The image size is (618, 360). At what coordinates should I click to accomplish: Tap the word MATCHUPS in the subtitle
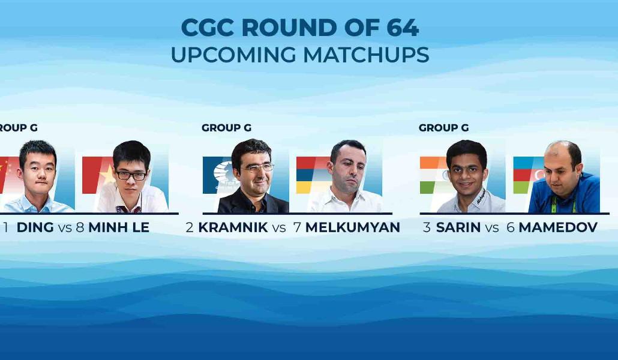point(366,55)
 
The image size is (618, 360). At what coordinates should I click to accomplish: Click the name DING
point(35,227)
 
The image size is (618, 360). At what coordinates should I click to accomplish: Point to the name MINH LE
point(119,227)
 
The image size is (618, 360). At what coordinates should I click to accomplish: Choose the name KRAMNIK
point(233,227)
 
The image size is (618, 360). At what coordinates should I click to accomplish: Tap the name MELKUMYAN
point(353,227)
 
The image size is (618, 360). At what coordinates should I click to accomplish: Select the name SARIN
point(458,227)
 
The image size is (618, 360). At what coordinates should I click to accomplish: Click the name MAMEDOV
point(558,227)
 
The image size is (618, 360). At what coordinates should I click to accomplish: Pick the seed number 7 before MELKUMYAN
point(297,227)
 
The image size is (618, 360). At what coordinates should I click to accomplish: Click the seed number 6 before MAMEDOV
point(511,227)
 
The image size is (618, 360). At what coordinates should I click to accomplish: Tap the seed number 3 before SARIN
point(427,227)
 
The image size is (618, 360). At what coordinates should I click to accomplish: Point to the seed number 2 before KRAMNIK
point(190,227)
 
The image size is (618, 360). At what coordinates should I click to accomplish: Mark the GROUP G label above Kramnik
point(226,128)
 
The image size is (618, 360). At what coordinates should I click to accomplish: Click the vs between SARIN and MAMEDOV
point(492,228)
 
